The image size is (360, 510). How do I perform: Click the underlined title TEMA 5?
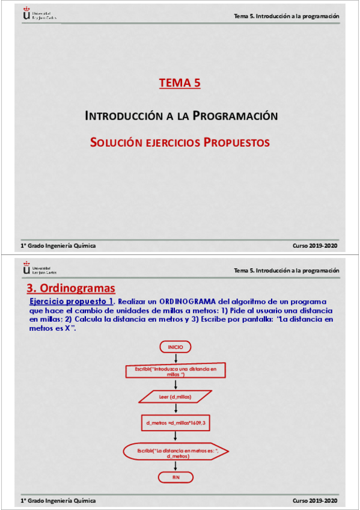tap(180, 84)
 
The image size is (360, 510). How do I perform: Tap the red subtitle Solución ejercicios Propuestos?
tap(180, 143)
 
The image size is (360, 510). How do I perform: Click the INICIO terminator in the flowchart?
tap(175, 347)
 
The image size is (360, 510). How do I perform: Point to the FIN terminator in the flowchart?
tap(175, 477)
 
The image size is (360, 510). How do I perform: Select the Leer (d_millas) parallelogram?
tap(175, 397)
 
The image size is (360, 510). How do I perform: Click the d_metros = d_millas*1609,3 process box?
tap(175, 423)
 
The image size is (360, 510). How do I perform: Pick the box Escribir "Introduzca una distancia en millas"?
tap(175, 370)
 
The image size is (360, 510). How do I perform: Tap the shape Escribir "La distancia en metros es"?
tap(175, 452)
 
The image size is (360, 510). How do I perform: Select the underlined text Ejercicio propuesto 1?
tap(72, 301)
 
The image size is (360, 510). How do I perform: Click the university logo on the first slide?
tap(36, 13)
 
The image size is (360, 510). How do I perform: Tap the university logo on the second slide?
tap(36, 268)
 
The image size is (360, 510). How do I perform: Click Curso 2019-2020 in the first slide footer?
tap(315, 245)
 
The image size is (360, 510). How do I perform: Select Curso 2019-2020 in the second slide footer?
tap(315, 500)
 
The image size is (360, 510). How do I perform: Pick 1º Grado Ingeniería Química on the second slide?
tap(58, 500)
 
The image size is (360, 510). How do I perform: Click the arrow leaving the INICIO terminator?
tap(175, 358)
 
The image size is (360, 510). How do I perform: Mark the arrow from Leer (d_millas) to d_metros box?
tap(175, 410)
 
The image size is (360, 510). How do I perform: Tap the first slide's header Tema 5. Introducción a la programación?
tap(286, 16)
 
